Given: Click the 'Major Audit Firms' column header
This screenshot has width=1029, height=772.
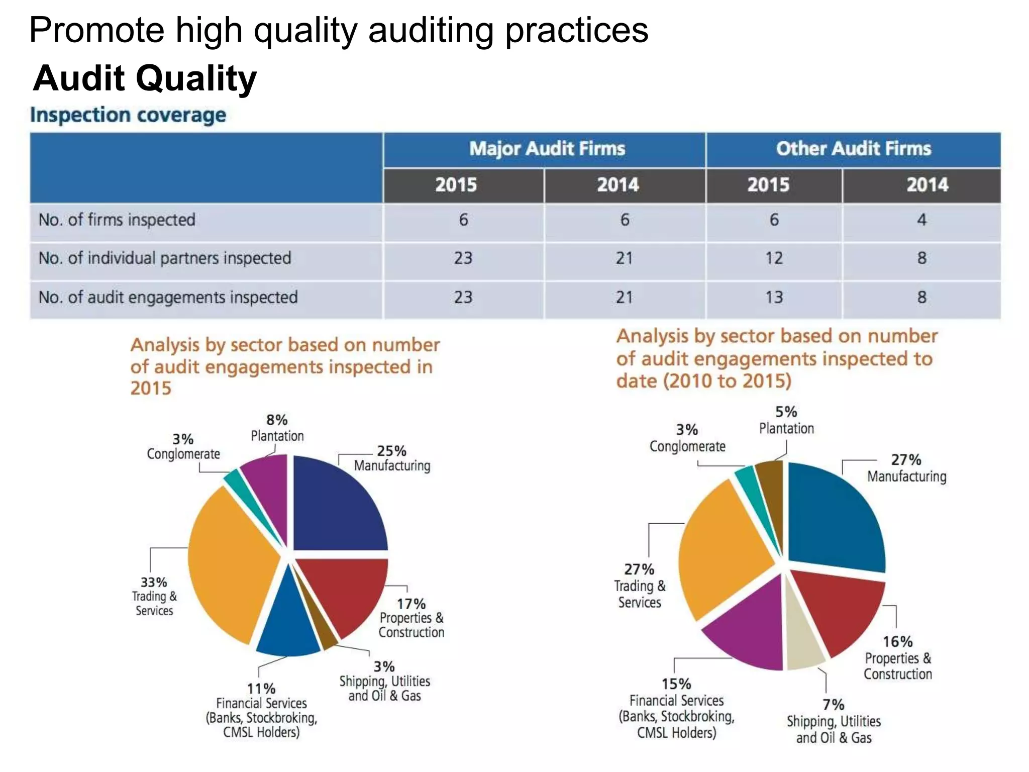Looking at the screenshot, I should coord(547,149).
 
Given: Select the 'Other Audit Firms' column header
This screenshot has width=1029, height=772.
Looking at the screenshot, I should coord(853,149).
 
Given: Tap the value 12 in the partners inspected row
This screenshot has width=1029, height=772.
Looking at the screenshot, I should coord(774,258).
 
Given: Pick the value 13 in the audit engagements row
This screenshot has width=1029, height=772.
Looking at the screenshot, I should coord(774,297).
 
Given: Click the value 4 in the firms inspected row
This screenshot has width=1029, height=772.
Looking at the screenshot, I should coord(921,220).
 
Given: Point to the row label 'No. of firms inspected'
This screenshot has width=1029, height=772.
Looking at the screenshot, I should coord(117,220).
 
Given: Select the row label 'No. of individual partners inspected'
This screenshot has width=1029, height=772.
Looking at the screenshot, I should coord(165,258).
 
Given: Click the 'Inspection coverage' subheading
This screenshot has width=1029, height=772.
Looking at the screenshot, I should coord(128,115).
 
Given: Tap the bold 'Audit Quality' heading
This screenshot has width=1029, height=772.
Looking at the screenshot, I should coord(145,78).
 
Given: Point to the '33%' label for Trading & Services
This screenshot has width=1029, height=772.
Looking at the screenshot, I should coord(154,583).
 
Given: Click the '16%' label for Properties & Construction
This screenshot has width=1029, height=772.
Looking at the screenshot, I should coord(898,642).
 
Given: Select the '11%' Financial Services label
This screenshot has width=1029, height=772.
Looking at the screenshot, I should coord(261,689).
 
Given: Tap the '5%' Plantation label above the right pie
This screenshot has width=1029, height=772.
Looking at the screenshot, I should coord(786,412).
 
